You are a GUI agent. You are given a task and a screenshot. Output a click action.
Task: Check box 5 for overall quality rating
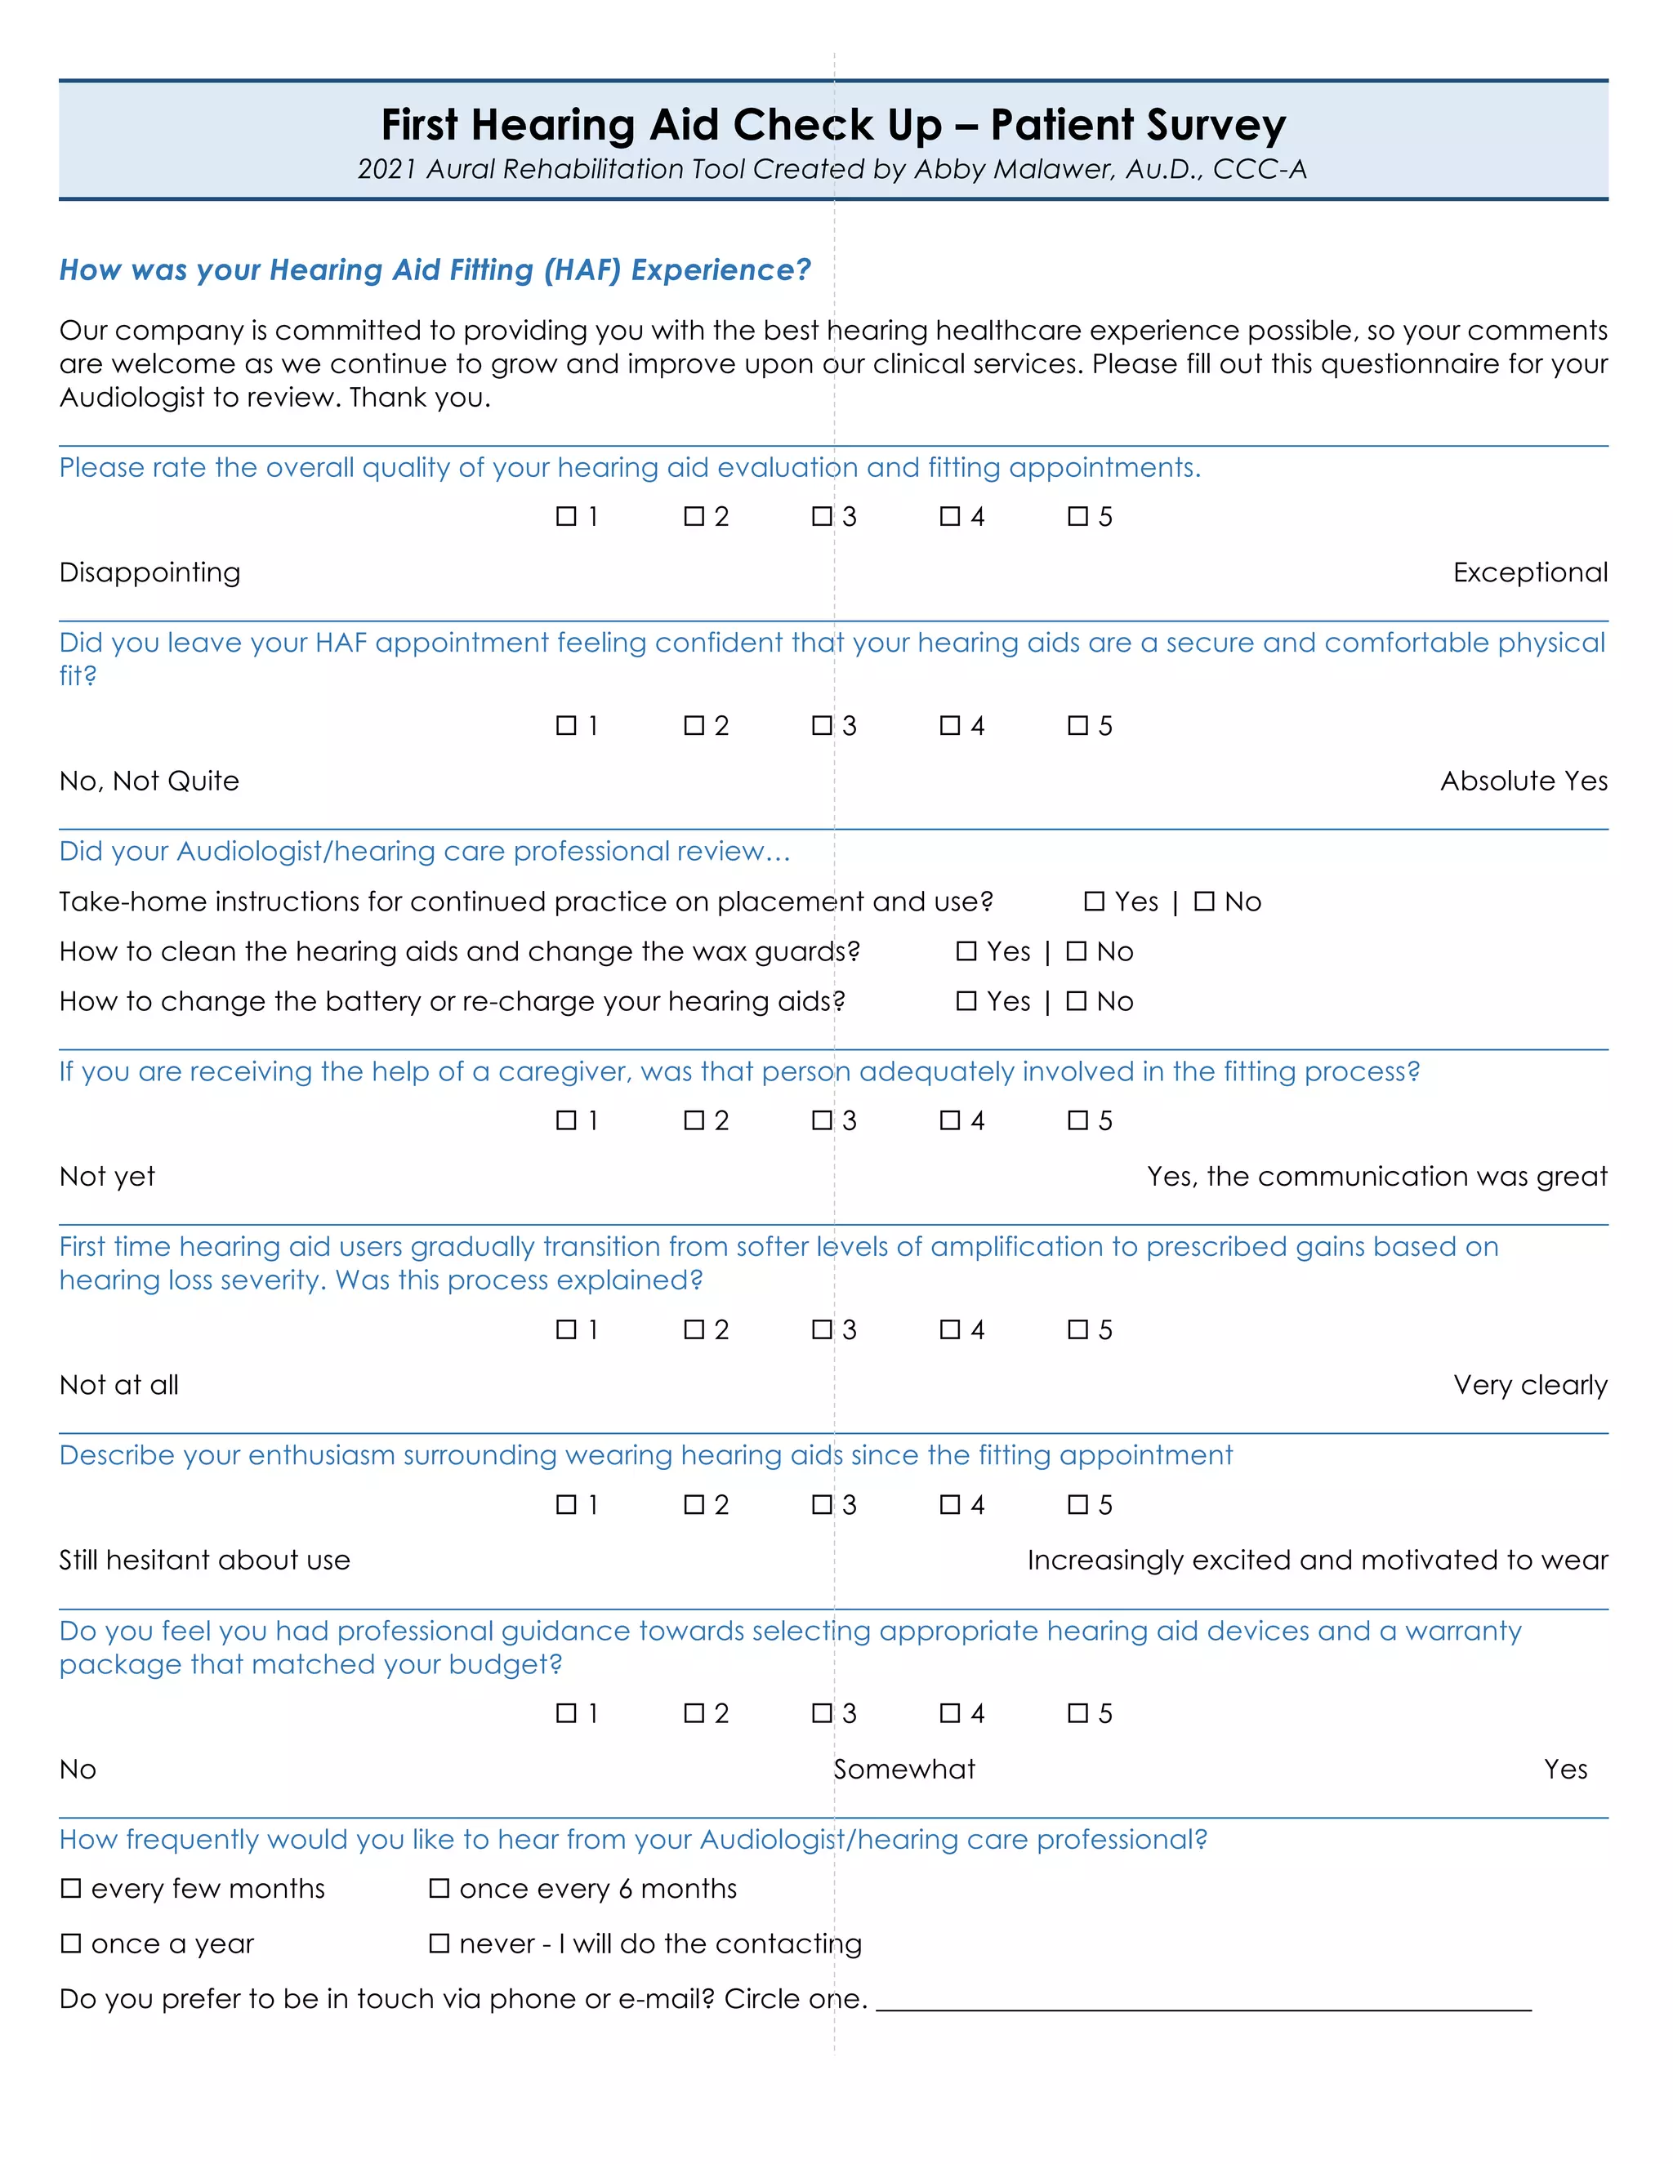(x=1077, y=516)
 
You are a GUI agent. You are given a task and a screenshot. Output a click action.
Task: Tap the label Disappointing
(x=149, y=572)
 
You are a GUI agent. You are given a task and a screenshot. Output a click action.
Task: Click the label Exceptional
(x=1529, y=572)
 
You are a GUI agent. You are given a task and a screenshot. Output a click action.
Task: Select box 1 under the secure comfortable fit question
(x=566, y=725)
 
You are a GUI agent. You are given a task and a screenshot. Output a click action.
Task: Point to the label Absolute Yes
(x=1524, y=781)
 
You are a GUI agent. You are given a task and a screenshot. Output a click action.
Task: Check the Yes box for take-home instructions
(x=1094, y=901)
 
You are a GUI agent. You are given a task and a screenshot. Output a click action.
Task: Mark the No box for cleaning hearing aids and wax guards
(x=1077, y=951)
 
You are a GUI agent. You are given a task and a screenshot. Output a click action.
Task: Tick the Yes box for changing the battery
(x=966, y=1001)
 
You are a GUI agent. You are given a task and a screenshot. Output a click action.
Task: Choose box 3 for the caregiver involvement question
(x=822, y=1120)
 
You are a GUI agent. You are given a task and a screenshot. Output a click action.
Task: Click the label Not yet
(x=107, y=1176)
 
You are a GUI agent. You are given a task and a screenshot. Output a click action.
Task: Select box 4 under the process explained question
(x=949, y=1329)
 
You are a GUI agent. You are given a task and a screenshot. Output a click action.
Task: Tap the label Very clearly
(x=1529, y=1385)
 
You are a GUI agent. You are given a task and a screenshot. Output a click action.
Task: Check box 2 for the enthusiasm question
(x=694, y=1504)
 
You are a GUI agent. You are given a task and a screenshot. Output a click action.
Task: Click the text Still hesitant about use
(x=204, y=1560)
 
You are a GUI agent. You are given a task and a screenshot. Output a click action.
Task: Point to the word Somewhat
(x=904, y=1769)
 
